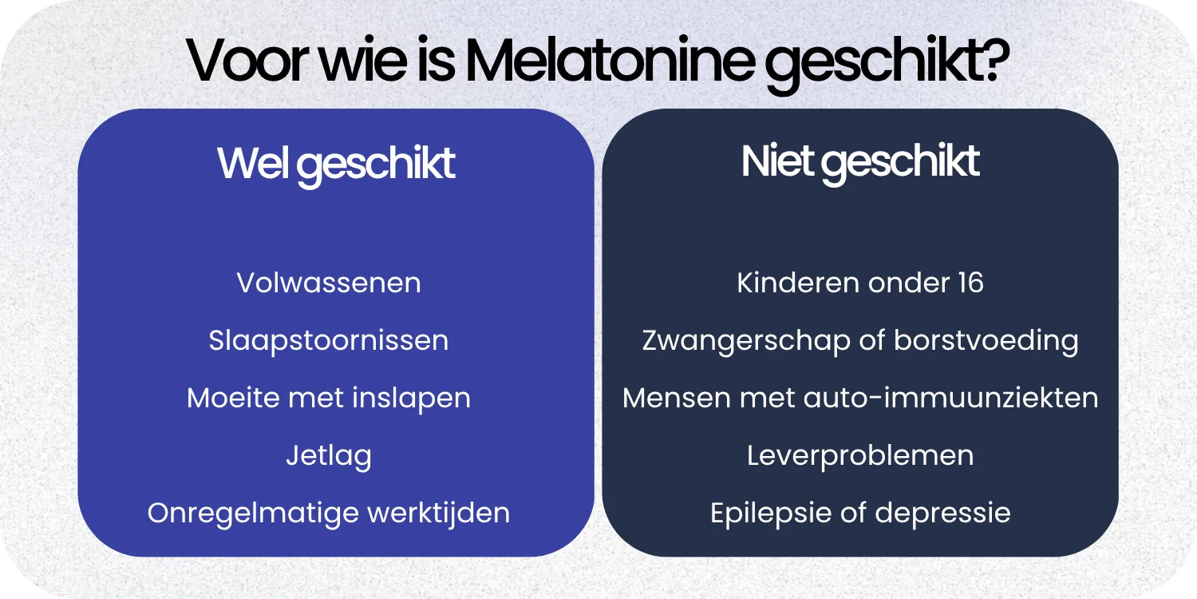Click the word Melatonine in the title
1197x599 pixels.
608,61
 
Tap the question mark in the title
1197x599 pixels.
993,61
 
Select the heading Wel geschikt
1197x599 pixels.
336,163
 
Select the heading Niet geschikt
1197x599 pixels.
860,161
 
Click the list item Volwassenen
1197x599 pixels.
329,283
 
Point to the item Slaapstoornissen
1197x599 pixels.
329,341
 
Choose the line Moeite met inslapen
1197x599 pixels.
329,398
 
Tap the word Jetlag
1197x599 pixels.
329,456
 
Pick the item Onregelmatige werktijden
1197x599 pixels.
329,513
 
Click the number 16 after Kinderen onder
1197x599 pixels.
969,283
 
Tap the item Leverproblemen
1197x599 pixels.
860,456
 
